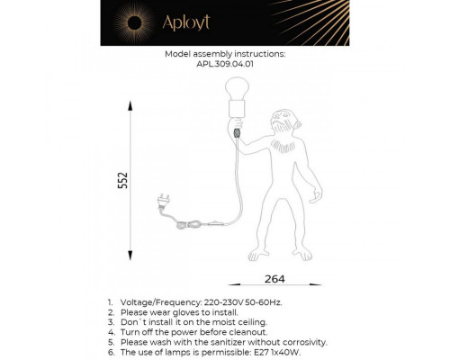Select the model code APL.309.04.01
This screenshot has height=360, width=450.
coord(225,64)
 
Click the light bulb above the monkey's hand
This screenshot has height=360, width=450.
coord(238,89)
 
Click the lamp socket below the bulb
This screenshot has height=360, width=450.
coord(238,112)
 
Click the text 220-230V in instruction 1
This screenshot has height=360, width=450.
coord(225,303)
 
